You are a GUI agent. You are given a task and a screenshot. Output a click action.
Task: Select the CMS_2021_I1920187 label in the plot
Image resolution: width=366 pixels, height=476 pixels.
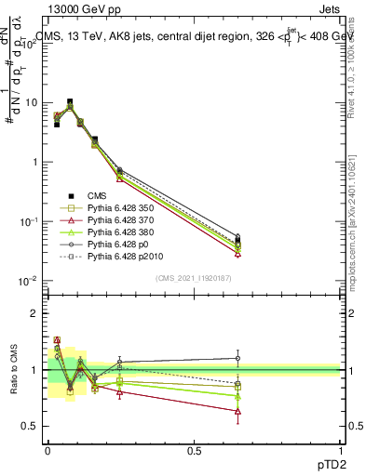(x=194, y=277)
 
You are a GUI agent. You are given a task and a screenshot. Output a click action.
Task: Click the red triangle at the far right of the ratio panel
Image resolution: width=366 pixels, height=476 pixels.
(x=237, y=411)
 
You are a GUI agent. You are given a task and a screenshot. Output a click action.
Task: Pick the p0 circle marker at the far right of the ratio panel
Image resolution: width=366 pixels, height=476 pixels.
(x=237, y=358)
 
